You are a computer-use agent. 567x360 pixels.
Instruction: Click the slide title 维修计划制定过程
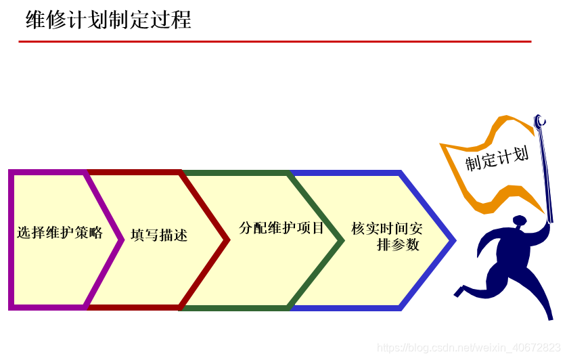tap(108, 20)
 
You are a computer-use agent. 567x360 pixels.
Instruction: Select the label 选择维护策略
tap(60, 233)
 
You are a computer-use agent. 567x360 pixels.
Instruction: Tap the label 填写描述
tap(159, 235)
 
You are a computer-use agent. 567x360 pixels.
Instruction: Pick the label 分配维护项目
tap(281, 228)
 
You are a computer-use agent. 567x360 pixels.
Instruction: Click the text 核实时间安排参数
tap(387, 236)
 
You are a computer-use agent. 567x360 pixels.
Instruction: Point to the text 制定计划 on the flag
tap(496, 160)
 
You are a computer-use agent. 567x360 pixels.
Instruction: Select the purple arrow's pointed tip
tap(121, 240)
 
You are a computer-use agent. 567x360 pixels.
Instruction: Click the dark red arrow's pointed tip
tap(227, 240)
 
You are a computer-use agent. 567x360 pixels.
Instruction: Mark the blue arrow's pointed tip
tap(453, 240)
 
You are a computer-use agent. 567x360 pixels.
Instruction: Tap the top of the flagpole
tap(539, 121)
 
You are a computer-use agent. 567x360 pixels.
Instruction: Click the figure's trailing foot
tap(459, 292)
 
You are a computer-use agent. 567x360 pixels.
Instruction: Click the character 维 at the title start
tap(35, 20)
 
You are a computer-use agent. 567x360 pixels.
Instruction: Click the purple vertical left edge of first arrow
tap(12, 240)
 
